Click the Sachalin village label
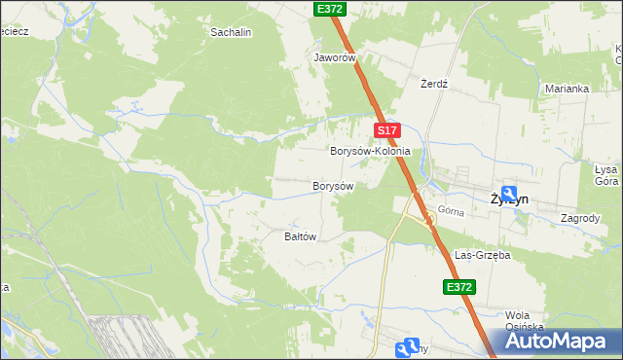[x=232, y=32]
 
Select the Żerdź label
[x=433, y=84]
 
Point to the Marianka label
[x=568, y=89]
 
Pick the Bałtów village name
[x=301, y=236]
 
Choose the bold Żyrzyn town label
[x=509, y=198]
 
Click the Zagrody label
[x=580, y=218]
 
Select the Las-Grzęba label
[x=483, y=254]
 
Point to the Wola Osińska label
[x=523, y=321]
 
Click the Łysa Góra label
[x=606, y=174]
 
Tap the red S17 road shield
[x=386, y=129]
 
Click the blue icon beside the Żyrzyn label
[x=508, y=194]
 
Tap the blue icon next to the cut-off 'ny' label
[x=410, y=347]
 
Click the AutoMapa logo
[x=562, y=341]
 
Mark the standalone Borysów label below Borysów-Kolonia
[x=331, y=185]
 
